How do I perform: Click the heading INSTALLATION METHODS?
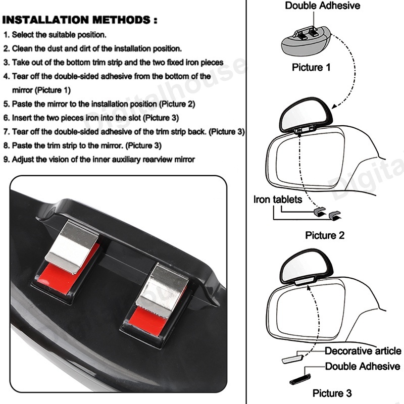click(80, 20)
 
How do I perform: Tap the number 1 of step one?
click(6, 35)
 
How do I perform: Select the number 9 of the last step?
click(6, 160)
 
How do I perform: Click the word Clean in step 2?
click(21, 48)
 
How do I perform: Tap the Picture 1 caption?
click(311, 67)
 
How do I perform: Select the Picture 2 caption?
click(325, 235)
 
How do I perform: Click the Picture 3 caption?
click(332, 393)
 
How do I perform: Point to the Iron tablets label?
click(277, 199)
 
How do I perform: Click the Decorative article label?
click(363, 350)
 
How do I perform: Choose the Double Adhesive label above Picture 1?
click(322, 6)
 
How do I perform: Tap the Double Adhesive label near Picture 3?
click(363, 366)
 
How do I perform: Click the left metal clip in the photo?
click(72, 246)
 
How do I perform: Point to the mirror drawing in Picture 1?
click(307, 42)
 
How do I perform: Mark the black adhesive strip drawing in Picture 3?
click(300, 379)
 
